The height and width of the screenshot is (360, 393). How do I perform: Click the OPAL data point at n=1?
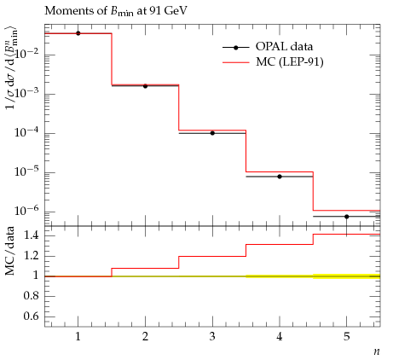pyautogui.click(x=78, y=33)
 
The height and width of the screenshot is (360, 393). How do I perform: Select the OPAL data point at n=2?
pyautogui.click(x=145, y=86)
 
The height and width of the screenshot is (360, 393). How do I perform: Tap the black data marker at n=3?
pyautogui.click(x=212, y=133)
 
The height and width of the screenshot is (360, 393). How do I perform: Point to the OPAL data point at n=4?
pyautogui.click(x=280, y=177)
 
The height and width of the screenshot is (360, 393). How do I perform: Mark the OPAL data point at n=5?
pyautogui.click(x=347, y=217)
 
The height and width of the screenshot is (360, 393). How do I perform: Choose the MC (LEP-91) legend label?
pyautogui.click(x=290, y=61)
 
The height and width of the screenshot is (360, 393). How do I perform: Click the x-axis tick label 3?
pyautogui.click(x=212, y=337)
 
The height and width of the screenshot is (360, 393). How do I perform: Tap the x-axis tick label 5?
pyautogui.click(x=347, y=337)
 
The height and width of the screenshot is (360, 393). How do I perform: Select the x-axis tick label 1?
pyautogui.click(x=78, y=337)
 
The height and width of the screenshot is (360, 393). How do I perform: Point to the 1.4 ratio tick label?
pyautogui.click(x=32, y=235)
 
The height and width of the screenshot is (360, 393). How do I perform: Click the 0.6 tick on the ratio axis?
pyautogui.click(x=32, y=316)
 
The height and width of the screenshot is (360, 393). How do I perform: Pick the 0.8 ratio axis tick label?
pyautogui.click(x=32, y=296)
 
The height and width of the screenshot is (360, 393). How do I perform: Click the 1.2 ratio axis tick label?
pyautogui.click(x=32, y=256)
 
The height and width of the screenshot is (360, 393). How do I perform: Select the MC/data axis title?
pyautogui.click(x=10, y=251)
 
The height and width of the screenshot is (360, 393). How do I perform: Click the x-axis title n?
pyautogui.click(x=377, y=351)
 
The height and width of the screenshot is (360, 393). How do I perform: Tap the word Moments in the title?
pyautogui.click(x=64, y=11)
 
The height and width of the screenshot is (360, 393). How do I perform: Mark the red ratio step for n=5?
pyautogui.click(x=347, y=235)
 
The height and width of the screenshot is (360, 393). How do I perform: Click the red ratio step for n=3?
pyautogui.click(x=212, y=256)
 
